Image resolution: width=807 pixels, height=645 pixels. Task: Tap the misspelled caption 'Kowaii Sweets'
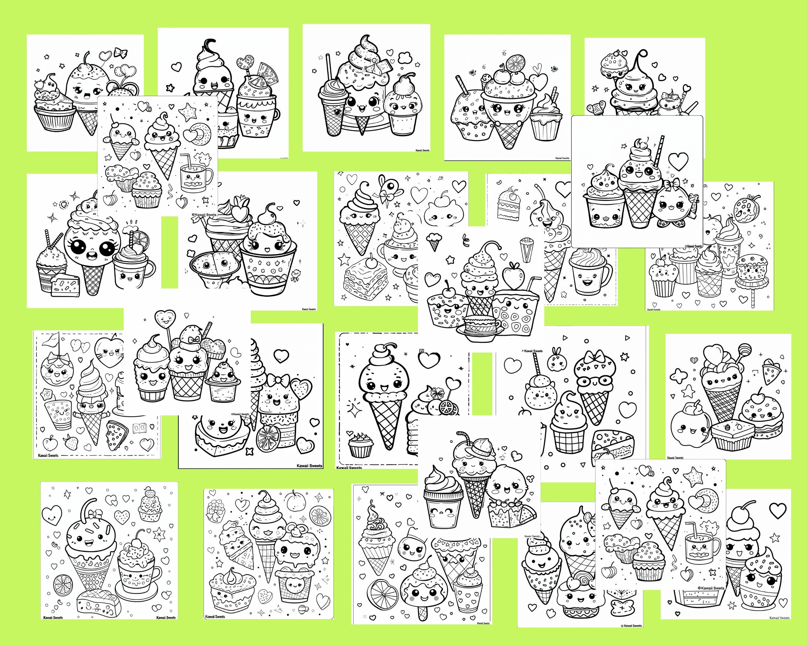click(215, 616)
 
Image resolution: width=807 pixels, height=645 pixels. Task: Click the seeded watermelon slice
click(771, 365)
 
